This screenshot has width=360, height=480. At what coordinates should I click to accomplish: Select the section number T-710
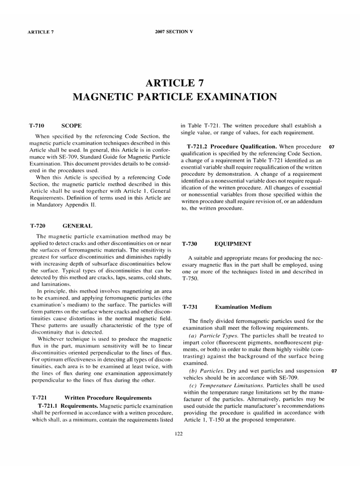point(37,126)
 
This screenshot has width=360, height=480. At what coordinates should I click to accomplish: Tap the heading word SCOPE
point(72,126)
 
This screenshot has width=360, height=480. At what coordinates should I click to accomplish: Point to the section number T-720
point(37,225)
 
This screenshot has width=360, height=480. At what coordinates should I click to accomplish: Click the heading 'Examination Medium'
point(243,307)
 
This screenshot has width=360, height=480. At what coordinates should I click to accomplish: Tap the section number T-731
point(190,307)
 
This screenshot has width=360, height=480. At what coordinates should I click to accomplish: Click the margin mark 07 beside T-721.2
point(332,147)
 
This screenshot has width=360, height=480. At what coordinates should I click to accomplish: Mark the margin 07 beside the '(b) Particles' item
point(334,371)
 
